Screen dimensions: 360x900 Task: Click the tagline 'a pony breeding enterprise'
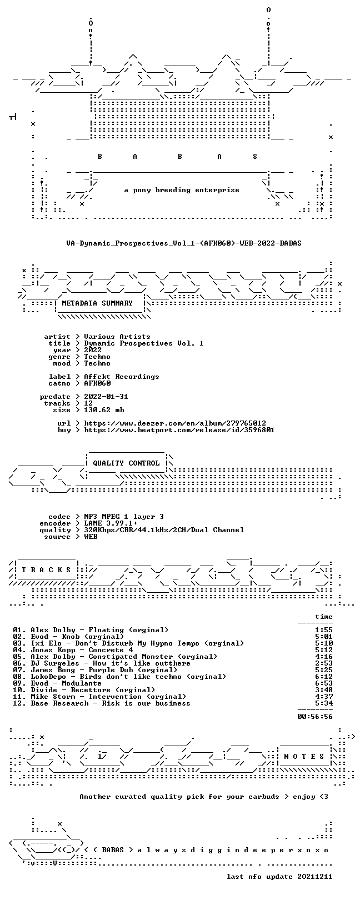pyautogui.click(x=182, y=190)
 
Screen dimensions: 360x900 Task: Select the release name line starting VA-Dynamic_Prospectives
pyautogui.click(x=184, y=243)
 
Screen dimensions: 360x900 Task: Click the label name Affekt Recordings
pyautogui.click(x=121, y=377)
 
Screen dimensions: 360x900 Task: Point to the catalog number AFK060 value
pyautogui.click(x=97, y=383)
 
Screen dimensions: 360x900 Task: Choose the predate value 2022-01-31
pyautogui.click(x=106, y=397)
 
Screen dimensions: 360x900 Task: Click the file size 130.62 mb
pyautogui.click(x=104, y=410)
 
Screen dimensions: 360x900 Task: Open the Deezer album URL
pyautogui.click(x=175, y=423)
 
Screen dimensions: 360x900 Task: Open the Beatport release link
pyautogui.click(x=179, y=430)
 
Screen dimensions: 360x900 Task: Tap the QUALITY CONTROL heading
pyautogui.click(x=126, y=463)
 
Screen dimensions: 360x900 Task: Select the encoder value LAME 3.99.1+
pyautogui.click(x=111, y=523)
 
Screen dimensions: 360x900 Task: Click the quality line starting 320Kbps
pyautogui.click(x=164, y=530)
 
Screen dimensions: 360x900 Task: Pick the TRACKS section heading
pyautogui.click(x=46, y=570)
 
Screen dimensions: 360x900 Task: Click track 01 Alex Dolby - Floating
pyautogui.click(x=91, y=630)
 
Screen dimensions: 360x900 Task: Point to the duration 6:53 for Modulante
pyautogui.click(x=324, y=683)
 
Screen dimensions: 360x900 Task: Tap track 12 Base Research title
pyautogui.click(x=102, y=703)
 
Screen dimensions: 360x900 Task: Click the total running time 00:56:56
pyautogui.click(x=315, y=717)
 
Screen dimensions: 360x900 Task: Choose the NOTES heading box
pyautogui.click(x=304, y=757)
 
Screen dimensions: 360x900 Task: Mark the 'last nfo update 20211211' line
pyautogui.click(x=279, y=877)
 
